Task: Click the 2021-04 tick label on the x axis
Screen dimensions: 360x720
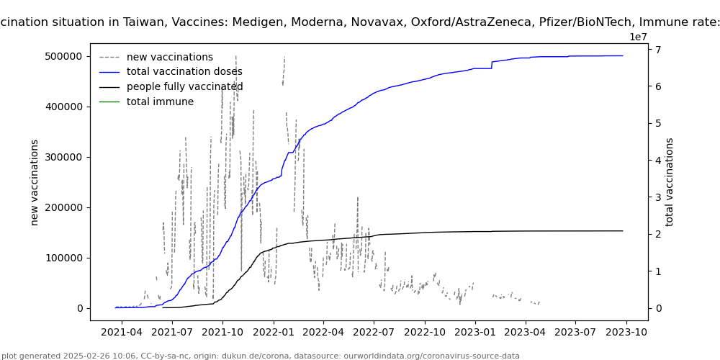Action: (x=122, y=332)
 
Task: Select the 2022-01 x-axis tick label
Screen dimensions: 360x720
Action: (x=273, y=332)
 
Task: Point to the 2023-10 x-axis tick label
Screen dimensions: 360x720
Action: (x=626, y=332)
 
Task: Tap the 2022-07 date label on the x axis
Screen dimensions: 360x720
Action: (x=374, y=332)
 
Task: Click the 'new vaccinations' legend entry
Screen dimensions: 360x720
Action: (x=169, y=57)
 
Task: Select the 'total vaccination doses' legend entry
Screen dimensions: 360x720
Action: (x=184, y=72)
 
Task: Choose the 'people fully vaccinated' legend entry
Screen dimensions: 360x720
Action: (x=184, y=87)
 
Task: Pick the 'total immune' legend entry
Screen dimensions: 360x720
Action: (x=160, y=102)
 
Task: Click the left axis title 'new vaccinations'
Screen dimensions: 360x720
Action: (x=35, y=182)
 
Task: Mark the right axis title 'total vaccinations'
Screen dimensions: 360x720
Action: (x=670, y=182)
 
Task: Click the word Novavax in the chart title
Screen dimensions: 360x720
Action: (x=371, y=22)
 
